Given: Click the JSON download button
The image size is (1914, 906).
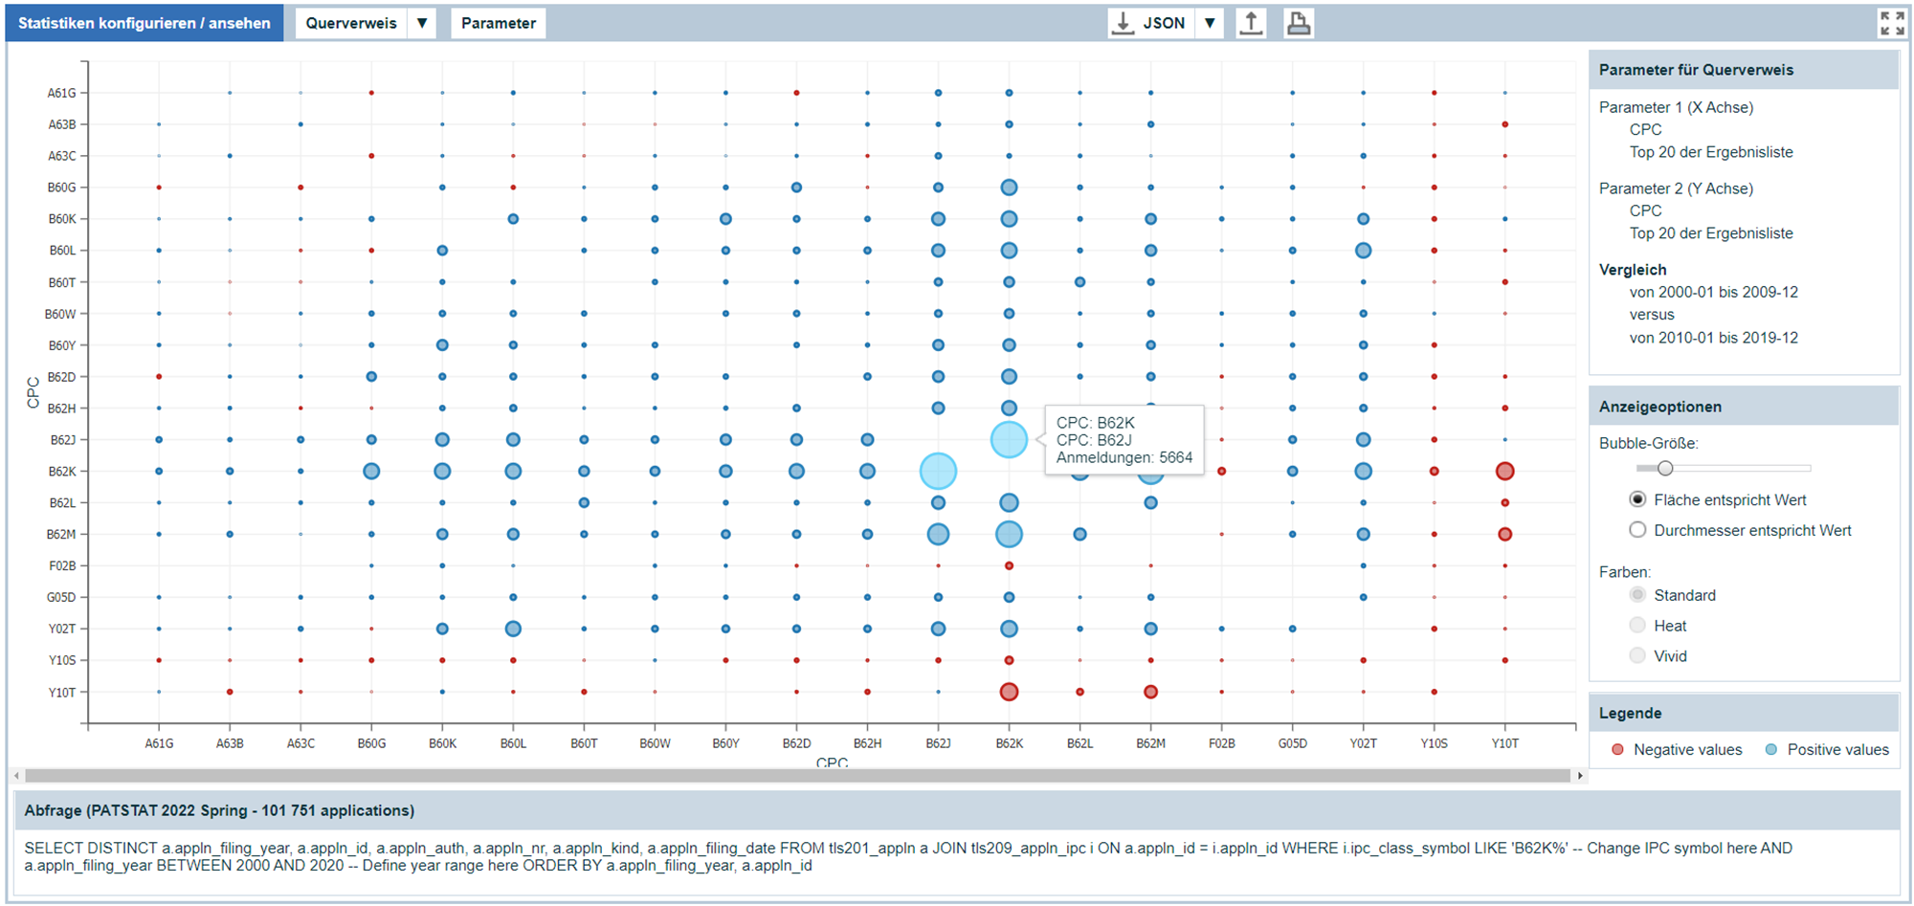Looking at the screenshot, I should click(x=1150, y=23).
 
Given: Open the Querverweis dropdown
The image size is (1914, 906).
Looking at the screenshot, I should click(x=421, y=23).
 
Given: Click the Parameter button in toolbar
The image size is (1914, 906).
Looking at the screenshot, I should click(x=498, y=23).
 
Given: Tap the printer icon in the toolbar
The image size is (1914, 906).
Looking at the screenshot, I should click(x=1298, y=23).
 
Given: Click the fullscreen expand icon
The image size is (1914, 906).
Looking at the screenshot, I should click(x=1891, y=23).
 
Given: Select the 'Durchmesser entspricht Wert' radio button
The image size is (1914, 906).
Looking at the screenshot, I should click(x=1637, y=530).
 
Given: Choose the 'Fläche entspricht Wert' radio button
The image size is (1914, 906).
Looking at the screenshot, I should click(x=1637, y=499).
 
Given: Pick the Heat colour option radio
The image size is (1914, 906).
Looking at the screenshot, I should click(x=1637, y=626).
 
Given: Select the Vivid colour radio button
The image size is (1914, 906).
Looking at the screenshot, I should click(x=1637, y=656).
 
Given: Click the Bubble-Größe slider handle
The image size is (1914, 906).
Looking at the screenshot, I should click(x=1665, y=468).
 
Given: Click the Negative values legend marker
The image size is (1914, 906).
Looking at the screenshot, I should click(x=1617, y=750).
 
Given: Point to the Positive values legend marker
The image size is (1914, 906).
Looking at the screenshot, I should click(x=1771, y=750).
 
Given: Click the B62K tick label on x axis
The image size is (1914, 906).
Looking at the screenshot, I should click(x=1009, y=743).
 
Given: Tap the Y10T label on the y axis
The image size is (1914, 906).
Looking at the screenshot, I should click(x=62, y=693).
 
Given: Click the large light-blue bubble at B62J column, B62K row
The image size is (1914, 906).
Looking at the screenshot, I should click(x=938, y=471).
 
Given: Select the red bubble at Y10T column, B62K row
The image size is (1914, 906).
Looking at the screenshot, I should click(x=1504, y=471).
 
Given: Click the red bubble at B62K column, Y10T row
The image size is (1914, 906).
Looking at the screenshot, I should click(x=1009, y=692).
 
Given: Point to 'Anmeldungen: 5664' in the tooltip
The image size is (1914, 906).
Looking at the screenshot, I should click(x=1124, y=457).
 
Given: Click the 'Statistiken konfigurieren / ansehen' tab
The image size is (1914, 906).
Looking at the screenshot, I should click(x=145, y=23).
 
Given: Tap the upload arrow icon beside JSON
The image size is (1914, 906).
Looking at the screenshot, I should click(x=1251, y=23).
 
